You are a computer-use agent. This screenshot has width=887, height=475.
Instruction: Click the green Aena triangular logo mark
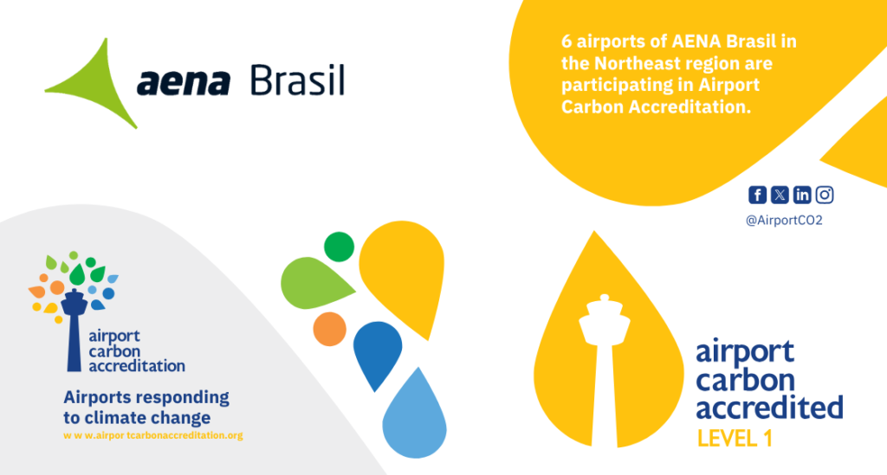(x=99, y=87)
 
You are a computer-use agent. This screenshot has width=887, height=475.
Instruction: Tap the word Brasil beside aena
(x=298, y=80)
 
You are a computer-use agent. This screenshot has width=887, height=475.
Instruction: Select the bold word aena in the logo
(x=184, y=82)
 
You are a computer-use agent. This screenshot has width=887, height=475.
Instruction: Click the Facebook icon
(x=757, y=195)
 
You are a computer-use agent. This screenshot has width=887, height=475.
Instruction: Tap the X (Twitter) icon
(x=780, y=195)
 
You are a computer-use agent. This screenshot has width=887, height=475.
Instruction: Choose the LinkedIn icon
(x=802, y=195)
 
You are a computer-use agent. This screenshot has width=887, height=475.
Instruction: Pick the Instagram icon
(x=825, y=195)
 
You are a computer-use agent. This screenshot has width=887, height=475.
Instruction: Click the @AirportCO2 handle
(x=784, y=221)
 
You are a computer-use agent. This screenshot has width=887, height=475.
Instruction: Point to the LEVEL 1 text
(x=735, y=439)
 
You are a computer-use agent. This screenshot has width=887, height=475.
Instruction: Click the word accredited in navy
(x=769, y=408)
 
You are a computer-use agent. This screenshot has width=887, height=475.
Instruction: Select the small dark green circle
(x=339, y=247)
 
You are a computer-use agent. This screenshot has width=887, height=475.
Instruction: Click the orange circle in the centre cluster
(x=330, y=329)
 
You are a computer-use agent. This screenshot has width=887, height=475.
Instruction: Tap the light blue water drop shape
(x=415, y=418)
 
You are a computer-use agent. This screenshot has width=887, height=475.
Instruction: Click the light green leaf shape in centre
(x=314, y=284)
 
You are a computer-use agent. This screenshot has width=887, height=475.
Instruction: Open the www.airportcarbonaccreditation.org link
(x=152, y=435)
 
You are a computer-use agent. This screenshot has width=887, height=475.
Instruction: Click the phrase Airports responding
(x=146, y=397)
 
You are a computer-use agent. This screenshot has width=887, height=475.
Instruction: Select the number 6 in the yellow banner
(x=567, y=42)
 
